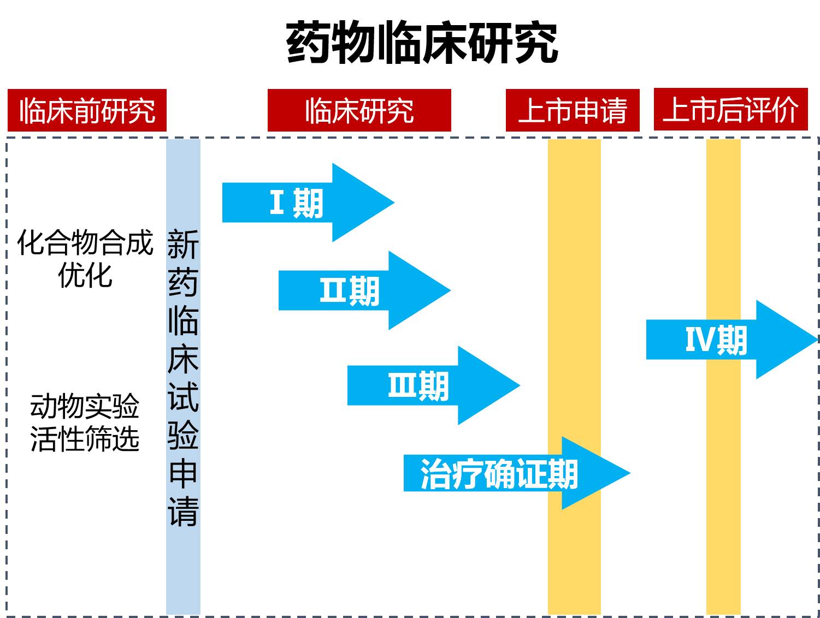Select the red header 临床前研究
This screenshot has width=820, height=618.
[x=87, y=111]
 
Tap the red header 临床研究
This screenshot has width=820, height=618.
[x=359, y=111]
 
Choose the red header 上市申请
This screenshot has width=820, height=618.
[x=572, y=111]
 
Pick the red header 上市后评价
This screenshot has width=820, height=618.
[x=730, y=110]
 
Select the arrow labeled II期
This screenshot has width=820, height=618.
[x=350, y=290]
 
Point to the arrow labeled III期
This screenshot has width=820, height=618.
[x=418, y=385]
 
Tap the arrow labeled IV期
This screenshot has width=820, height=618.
[x=716, y=340]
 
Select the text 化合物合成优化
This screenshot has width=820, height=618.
[x=85, y=258]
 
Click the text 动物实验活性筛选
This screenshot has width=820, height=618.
[x=85, y=423]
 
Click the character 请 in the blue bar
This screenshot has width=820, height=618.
[x=183, y=512]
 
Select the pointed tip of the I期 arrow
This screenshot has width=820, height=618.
[x=391, y=203]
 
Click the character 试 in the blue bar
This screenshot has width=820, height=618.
[x=183, y=396]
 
